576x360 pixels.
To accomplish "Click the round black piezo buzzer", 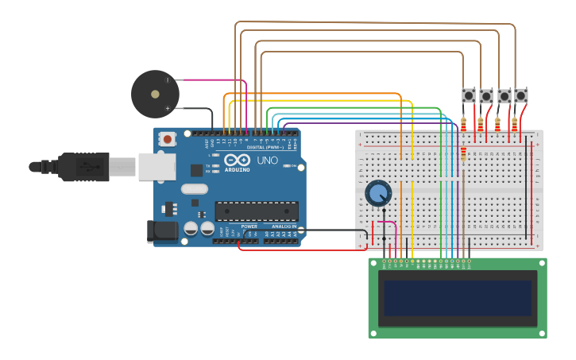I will pos(155,94).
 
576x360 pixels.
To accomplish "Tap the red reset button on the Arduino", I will pos(167,139).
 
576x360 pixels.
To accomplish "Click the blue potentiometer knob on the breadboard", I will pos(378,192).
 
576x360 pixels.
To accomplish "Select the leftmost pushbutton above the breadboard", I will pos(469,96).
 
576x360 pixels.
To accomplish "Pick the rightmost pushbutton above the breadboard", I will pos(520,96).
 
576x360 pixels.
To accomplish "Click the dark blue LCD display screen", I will pos(457,298).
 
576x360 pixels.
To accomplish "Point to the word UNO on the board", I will pos(268,161).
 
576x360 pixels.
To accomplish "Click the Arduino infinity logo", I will pos(238,159).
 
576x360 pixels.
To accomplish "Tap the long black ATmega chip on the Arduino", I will pos(256,211).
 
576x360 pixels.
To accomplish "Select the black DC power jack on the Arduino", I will pos(162,231).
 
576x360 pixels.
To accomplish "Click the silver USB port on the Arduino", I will pos(157,167).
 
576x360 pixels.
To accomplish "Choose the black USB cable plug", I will pos(83,167).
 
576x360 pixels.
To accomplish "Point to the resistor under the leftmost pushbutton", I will pos(463,124).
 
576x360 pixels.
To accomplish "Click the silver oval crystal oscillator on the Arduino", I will pos(194,189).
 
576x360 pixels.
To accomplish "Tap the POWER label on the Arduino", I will pos(249,226).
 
